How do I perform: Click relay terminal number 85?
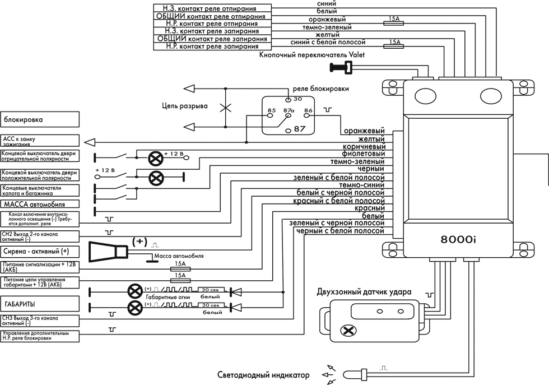272,111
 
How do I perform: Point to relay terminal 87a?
289,111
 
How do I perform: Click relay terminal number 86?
308,111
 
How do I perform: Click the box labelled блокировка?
39,119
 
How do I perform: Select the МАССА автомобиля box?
39,204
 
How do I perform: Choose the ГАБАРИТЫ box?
39,304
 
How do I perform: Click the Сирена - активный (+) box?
39,251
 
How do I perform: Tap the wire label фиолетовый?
364,154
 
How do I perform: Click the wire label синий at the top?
327,3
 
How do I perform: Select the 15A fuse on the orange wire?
394,19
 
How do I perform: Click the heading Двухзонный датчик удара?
364,291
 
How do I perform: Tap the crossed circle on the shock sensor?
348,331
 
